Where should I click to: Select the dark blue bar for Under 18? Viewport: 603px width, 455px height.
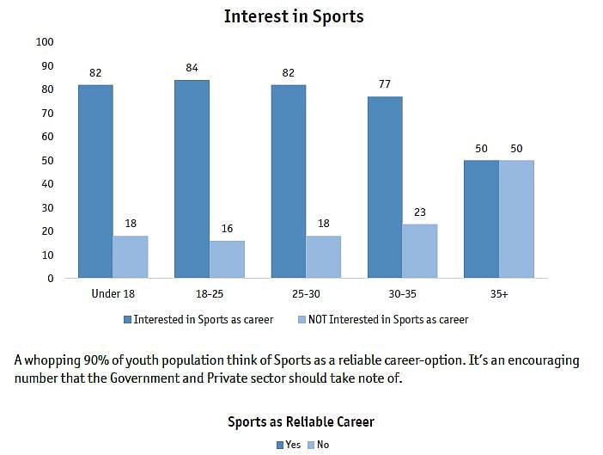(x=95, y=181)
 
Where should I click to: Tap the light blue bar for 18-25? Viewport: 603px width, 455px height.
(x=227, y=259)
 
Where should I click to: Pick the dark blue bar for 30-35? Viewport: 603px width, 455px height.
(x=385, y=188)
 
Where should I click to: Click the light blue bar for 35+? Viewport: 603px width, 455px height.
(x=516, y=219)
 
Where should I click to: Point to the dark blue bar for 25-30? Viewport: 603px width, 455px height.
(x=289, y=181)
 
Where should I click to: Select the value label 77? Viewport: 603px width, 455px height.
(x=385, y=87)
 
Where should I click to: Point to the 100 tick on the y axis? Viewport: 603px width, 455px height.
(x=46, y=42)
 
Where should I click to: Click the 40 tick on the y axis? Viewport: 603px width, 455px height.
(x=48, y=184)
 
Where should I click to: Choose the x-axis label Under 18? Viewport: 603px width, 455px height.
(x=113, y=294)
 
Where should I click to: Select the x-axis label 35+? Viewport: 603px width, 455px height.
(x=499, y=294)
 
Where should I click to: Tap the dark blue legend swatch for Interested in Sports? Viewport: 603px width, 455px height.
(x=127, y=320)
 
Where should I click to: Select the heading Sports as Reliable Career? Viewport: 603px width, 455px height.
(x=301, y=422)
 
